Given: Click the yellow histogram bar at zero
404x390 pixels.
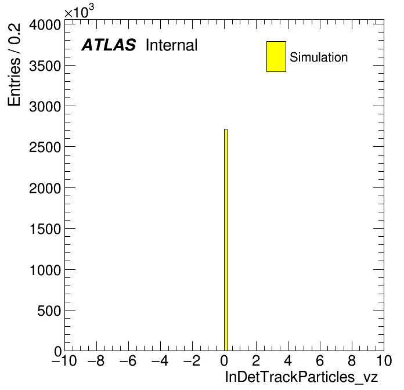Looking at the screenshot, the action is pyautogui.click(x=226, y=240).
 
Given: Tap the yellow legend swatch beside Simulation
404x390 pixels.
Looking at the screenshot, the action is pyautogui.click(x=276, y=56).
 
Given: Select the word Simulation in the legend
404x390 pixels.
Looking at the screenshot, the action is pyautogui.click(x=319, y=57).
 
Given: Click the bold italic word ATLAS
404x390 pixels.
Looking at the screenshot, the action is pyautogui.click(x=109, y=45).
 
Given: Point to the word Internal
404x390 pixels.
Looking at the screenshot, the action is pyautogui.click(x=172, y=45).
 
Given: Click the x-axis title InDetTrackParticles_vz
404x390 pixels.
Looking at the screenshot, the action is pyautogui.click(x=301, y=377).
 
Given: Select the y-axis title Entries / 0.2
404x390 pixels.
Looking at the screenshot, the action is pyautogui.click(x=14, y=64).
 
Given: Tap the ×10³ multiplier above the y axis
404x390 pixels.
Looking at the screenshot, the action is pyautogui.click(x=79, y=12).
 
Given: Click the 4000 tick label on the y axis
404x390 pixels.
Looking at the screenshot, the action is pyautogui.click(x=45, y=25).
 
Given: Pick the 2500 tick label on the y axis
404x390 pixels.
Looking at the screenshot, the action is pyautogui.click(x=45, y=147).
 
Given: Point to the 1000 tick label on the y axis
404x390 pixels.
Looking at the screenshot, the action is pyautogui.click(x=45, y=270).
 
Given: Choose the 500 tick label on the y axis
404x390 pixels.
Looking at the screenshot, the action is pyautogui.click(x=49, y=311).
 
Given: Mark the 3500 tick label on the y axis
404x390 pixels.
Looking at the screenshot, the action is pyautogui.click(x=45, y=66).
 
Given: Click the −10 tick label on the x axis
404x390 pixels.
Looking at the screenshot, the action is pyautogui.click(x=64, y=360).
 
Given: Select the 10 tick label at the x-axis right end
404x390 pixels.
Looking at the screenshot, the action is pyautogui.click(x=384, y=360).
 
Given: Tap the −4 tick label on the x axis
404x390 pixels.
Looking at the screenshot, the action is pyautogui.click(x=160, y=360).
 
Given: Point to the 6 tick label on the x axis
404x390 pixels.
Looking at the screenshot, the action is pyautogui.click(x=320, y=360).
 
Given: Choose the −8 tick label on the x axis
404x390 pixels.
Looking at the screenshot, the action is pyautogui.click(x=96, y=360).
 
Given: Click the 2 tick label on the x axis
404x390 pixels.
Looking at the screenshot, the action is pyautogui.click(x=256, y=360).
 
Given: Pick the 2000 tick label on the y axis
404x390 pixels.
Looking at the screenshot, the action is pyautogui.click(x=45, y=189).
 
